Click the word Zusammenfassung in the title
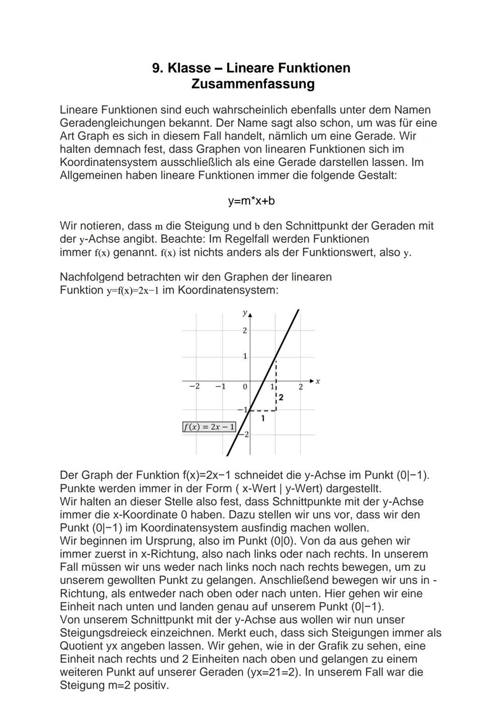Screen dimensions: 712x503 (x=252, y=84)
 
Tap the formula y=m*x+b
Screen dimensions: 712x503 (x=251, y=201)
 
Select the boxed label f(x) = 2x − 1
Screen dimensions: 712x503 (x=209, y=427)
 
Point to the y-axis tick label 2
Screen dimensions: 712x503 (x=245, y=330)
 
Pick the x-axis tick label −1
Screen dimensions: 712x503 (x=220, y=386)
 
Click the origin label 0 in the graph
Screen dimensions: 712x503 (x=245, y=387)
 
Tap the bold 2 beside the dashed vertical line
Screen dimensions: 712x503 (x=281, y=397)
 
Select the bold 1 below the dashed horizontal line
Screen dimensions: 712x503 (x=263, y=418)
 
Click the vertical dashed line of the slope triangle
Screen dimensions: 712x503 (x=276, y=387)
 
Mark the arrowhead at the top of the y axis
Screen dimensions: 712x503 (x=250, y=315)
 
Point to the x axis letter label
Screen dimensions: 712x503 (x=318, y=381)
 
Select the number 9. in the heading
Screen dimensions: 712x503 (x=157, y=68)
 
